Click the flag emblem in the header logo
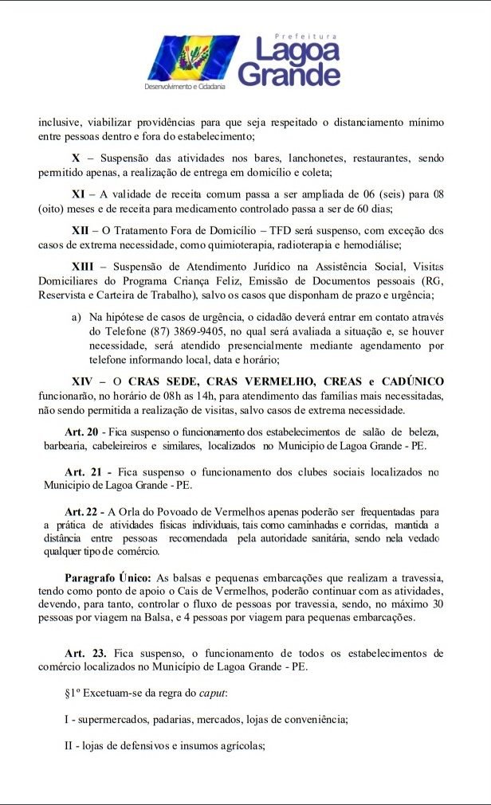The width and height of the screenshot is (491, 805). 183,57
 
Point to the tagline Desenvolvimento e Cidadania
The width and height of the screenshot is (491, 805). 185,85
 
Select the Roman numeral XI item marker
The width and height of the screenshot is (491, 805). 79,193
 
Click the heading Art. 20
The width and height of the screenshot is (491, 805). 82,432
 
